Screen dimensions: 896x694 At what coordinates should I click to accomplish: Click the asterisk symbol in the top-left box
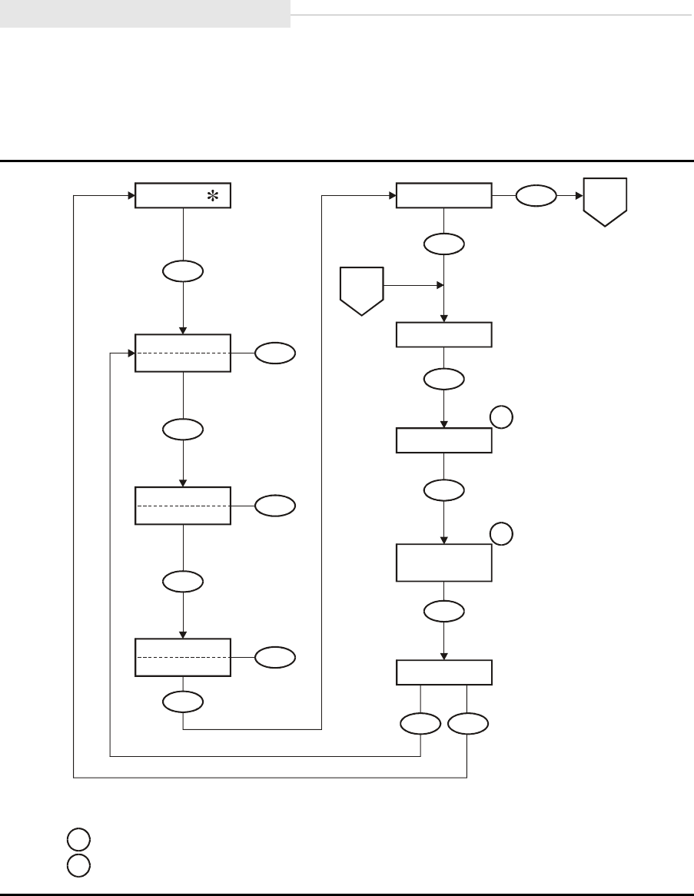tap(211, 197)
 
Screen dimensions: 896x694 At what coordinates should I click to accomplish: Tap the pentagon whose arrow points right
tap(361, 290)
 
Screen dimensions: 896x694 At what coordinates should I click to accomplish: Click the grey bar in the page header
tap(145, 14)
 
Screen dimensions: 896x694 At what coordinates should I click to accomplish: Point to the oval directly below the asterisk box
tap(183, 270)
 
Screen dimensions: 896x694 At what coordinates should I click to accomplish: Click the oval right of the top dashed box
tap(274, 353)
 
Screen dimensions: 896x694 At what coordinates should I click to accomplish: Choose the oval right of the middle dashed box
tap(274, 505)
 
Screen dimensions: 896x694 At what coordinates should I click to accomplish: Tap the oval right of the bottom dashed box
tap(274, 656)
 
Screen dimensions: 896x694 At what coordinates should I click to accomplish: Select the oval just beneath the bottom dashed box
tap(183, 700)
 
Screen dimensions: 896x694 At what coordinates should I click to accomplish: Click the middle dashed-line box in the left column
tap(183, 506)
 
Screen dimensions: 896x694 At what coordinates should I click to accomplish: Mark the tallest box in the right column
tap(444, 562)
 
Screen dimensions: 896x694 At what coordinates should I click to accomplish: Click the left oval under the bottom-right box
tap(421, 723)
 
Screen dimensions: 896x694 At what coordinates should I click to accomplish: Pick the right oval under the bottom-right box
tap(468, 723)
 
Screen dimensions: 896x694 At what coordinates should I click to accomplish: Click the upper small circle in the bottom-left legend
tap(78, 838)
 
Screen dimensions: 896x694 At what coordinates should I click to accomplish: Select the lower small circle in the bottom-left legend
tap(78, 864)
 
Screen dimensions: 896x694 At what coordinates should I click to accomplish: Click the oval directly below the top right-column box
tap(444, 244)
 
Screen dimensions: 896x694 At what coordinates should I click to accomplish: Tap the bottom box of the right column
tap(444, 672)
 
